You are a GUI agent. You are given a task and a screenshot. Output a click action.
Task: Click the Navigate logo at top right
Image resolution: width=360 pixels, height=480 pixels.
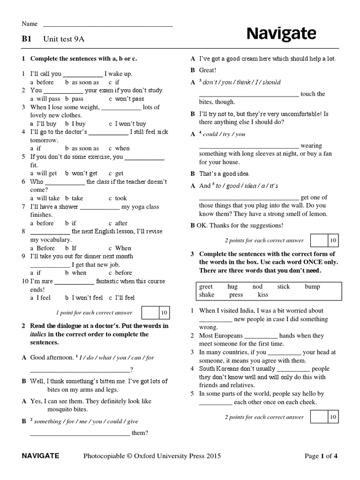pos(281,34)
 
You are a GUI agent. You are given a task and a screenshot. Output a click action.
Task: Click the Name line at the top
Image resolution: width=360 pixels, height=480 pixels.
pos(108,24)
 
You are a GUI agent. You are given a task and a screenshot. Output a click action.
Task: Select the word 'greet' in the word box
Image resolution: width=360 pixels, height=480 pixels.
pos(206,286)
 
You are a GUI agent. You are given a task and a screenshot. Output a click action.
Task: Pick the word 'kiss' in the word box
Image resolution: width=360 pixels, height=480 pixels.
pos(263,295)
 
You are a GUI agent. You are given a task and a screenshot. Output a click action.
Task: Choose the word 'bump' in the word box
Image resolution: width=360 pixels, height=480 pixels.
pos(312,286)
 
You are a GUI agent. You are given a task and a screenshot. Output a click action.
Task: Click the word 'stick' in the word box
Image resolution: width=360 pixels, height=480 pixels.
pos(284,286)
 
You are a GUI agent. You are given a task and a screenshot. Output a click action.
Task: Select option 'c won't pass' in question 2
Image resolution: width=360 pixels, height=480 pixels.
pos(127,99)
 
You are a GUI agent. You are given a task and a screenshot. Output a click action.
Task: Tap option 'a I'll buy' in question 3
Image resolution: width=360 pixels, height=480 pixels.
pos(43,124)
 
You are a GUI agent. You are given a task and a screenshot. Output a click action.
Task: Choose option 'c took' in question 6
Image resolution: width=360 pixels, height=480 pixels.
pos(118,198)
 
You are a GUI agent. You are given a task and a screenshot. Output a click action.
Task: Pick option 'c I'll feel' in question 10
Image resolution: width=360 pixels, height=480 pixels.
pos(122,298)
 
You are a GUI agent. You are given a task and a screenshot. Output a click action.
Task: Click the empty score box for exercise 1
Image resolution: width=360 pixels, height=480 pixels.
pos(149,312)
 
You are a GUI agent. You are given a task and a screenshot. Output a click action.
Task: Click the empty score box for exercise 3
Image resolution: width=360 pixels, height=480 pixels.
pos(319,417)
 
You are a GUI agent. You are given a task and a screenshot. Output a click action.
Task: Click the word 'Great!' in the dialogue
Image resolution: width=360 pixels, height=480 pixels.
pos(208,70)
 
